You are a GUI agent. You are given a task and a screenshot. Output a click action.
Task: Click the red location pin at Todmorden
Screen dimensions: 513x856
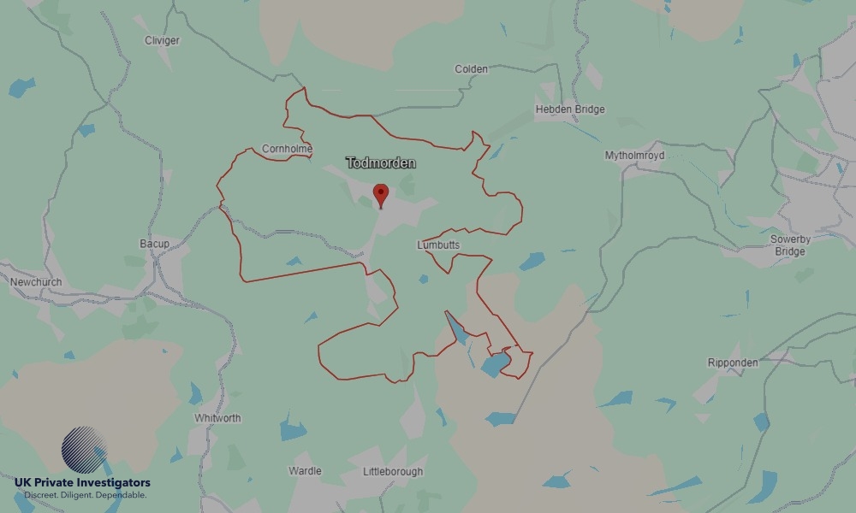point(381,194)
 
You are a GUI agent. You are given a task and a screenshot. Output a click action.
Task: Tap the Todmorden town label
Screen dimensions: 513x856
point(380,162)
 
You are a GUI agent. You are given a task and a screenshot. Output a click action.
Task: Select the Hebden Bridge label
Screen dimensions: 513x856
point(570,109)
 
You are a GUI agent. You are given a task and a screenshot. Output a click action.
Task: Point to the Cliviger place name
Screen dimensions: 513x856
point(162,40)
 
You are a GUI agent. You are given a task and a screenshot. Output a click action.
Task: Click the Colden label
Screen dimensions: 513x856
point(471,69)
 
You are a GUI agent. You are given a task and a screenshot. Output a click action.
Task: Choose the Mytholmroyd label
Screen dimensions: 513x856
point(634,156)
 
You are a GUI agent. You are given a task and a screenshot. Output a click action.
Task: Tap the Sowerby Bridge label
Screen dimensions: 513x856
point(789,245)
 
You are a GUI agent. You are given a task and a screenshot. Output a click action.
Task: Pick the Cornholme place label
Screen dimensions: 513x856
point(287,149)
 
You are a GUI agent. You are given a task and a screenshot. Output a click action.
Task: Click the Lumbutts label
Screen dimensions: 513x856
point(438,245)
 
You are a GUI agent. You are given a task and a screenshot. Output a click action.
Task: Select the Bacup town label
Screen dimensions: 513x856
point(154,245)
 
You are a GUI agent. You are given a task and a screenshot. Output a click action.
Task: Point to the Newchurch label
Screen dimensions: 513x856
point(36,281)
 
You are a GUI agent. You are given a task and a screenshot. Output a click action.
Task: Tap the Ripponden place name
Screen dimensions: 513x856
point(733,363)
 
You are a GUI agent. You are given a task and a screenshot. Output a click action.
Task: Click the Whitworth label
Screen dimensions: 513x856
point(217,418)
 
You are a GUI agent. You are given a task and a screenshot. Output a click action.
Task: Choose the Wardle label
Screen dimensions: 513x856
point(305,471)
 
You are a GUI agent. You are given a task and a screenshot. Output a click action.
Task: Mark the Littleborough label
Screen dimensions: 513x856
point(393,472)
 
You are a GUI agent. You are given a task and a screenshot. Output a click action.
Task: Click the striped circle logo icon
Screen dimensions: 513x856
point(85,451)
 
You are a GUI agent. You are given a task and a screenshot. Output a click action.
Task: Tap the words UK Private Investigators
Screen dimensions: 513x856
point(82,483)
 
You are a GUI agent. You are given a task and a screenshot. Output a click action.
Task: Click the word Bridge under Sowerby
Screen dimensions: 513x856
point(789,251)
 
